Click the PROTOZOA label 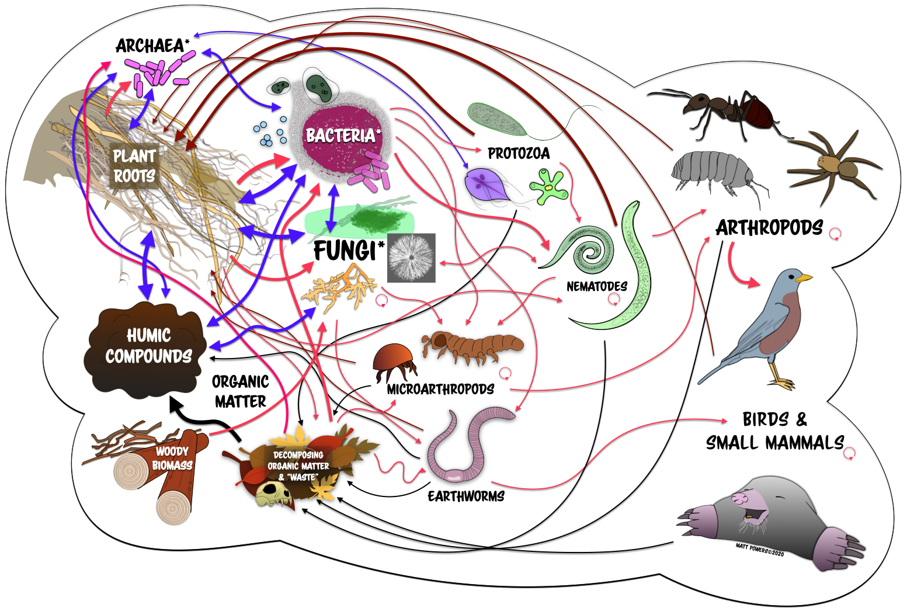click(x=519, y=154)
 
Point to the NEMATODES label click(x=596, y=286)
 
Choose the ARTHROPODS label click(x=769, y=228)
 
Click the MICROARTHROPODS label click(x=440, y=389)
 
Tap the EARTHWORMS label click(x=466, y=496)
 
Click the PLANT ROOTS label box click(x=134, y=166)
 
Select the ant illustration click(x=725, y=108)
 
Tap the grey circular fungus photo click(x=411, y=258)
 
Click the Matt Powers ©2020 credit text click(x=760, y=549)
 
